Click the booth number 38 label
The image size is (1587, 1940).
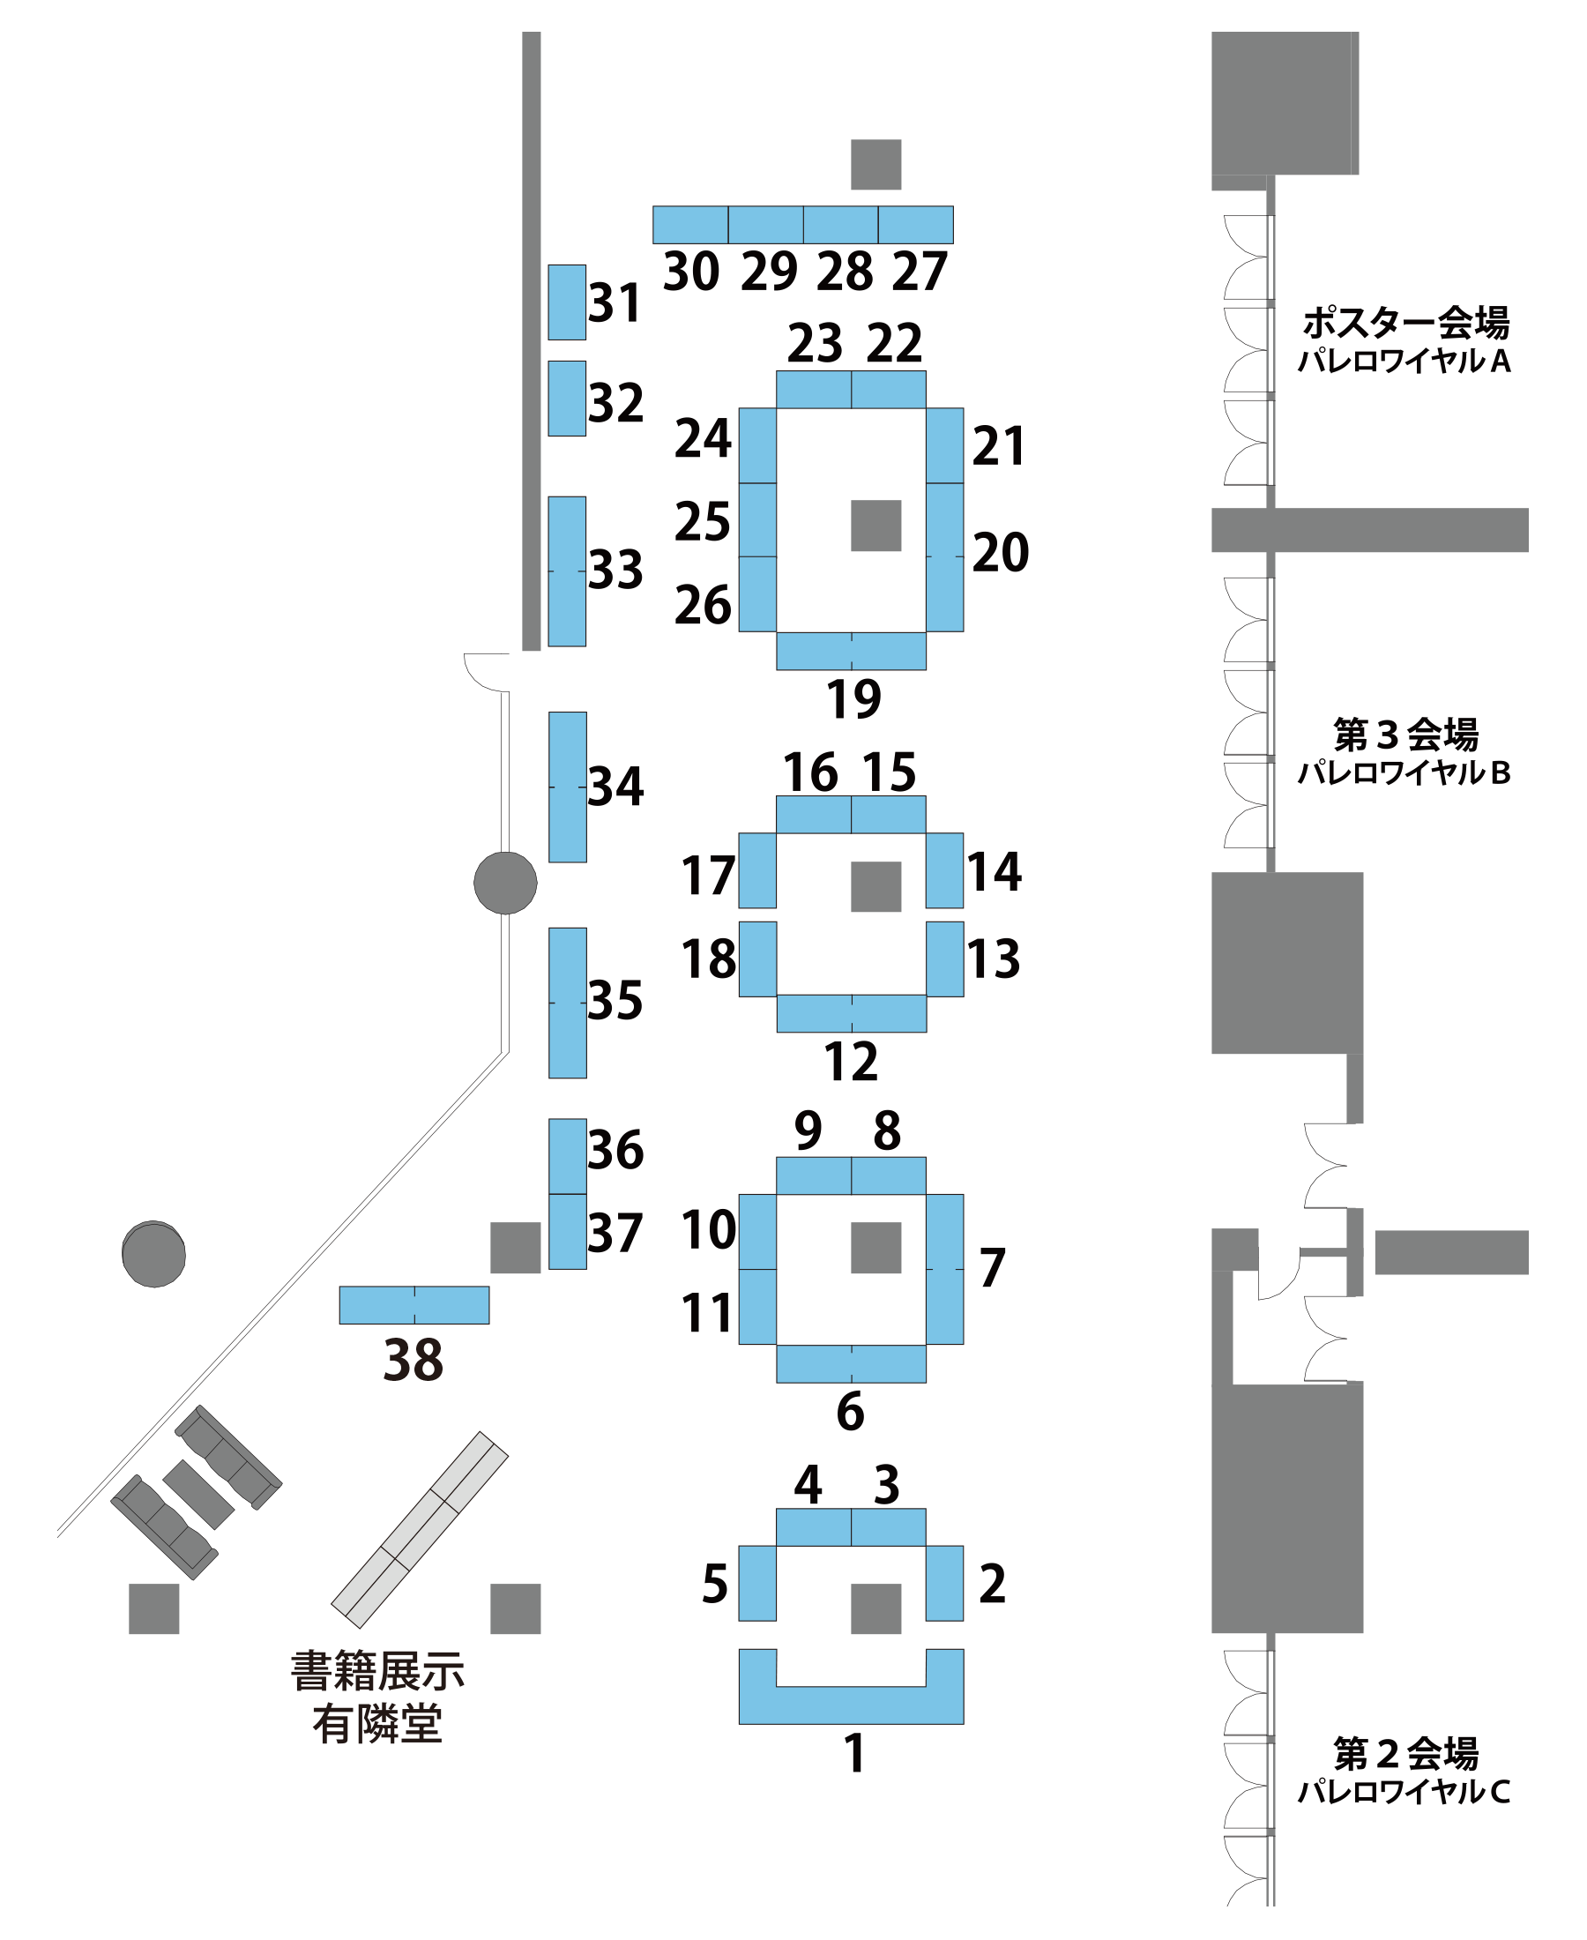tap(413, 1360)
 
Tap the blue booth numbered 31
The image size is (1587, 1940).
tap(567, 302)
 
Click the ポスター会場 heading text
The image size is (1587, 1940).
tap(1405, 322)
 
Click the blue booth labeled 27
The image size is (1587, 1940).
tap(915, 224)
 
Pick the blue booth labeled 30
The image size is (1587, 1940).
tap(690, 224)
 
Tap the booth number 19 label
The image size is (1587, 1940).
tap(853, 699)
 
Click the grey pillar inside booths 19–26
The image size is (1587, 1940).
tap(875, 525)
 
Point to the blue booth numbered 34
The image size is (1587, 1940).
tap(567, 787)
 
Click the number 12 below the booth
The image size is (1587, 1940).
tap(850, 1061)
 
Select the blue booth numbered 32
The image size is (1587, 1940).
tap(567, 398)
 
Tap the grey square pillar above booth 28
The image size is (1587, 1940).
tap(875, 164)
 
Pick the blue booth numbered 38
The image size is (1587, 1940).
tap(414, 1304)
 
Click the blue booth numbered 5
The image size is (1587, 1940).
tap(757, 1583)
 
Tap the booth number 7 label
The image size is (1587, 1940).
tap(992, 1267)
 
